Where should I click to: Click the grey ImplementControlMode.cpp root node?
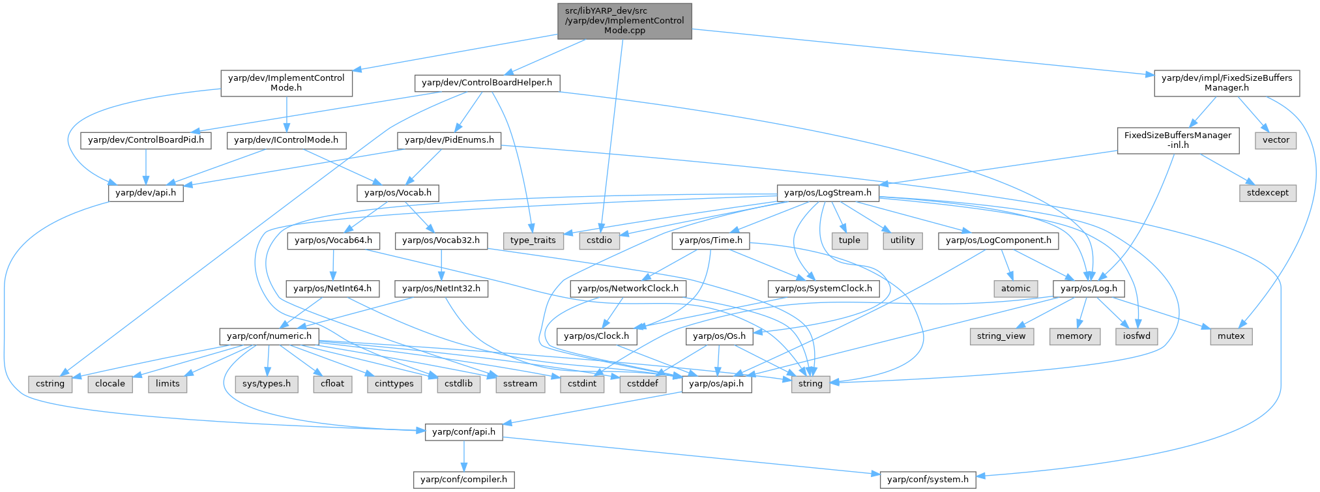[624, 21]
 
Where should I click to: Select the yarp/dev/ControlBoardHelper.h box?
[487, 83]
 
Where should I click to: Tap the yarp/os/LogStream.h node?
[828, 193]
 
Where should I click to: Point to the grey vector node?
[1276, 140]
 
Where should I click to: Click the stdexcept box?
[1268, 193]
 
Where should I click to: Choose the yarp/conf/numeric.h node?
[269, 336]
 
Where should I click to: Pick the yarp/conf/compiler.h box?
[463, 480]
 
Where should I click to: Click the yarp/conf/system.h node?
[928, 480]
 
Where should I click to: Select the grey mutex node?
[1231, 336]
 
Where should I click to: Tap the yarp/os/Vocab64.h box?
[333, 240]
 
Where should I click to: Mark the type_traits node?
[533, 240]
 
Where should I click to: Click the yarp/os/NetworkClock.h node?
[628, 288]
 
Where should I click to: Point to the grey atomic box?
[1016, 288]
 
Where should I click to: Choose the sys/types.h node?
[267, 384]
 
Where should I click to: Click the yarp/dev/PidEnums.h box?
[449, 140]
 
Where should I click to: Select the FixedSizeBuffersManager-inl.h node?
[1178, 140]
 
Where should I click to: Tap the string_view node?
[1001, 336]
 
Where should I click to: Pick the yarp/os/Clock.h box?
[596, 336]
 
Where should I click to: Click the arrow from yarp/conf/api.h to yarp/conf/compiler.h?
[463, 456]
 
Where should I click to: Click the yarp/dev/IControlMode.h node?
[286, 140]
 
